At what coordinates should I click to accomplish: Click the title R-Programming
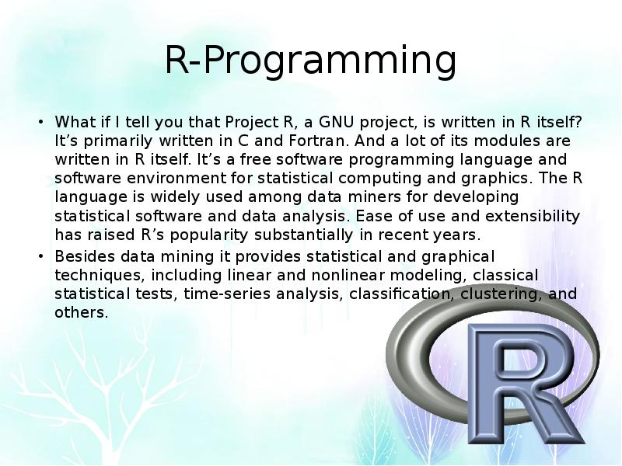[310, 61]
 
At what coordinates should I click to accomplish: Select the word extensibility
[533, 216]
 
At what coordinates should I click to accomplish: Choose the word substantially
[303, 235]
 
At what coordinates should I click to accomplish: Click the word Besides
[85, 256]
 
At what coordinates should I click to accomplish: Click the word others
[82, 313]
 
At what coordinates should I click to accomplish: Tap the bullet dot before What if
[40, 122]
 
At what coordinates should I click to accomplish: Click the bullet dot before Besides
[40, 256]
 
